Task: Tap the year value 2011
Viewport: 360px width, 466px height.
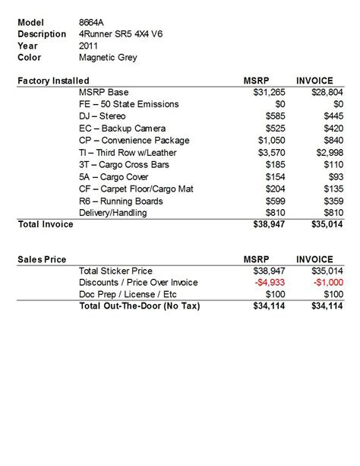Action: [89, 45]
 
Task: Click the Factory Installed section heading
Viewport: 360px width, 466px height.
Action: [53, 81]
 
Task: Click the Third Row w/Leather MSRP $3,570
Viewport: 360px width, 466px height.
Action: [271, 152]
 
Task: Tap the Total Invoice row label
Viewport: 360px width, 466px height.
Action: [45, 225]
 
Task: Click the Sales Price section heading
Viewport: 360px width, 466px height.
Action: [41, 259]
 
